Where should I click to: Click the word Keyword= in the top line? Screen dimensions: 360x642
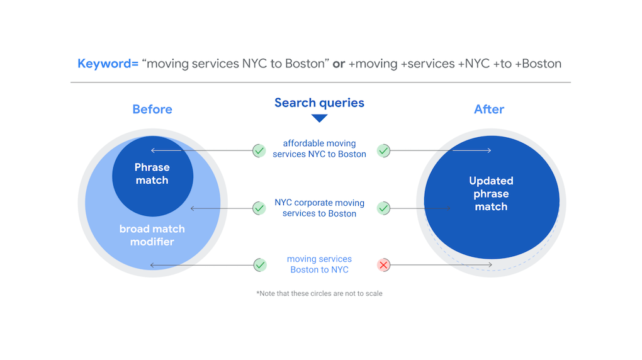click(108, 64)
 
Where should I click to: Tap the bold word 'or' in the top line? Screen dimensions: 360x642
click(339, 64)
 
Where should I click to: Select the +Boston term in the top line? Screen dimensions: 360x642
click(538, 64)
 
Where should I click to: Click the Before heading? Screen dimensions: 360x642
click(152, 109)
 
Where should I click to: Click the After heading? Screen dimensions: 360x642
click(489, 109)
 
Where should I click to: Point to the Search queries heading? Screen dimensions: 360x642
click(319, 103)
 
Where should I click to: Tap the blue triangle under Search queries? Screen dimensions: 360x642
click(320, 118)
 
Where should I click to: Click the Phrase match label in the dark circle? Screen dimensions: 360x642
click(152, 174)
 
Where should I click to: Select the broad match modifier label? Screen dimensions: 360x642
click(152, 235)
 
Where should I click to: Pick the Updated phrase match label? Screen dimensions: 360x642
click(491, 193)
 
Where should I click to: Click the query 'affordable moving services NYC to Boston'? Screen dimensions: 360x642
click(319, 149)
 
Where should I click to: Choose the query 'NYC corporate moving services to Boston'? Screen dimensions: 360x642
click(319, 208)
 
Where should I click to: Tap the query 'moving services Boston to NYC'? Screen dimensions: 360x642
click(319, 264)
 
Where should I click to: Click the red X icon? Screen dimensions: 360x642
click(383, 265)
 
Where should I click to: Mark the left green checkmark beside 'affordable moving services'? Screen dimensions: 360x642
click(259, 150)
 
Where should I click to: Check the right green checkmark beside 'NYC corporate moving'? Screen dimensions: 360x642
click(383, 208)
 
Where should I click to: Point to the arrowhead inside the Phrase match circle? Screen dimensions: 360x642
click(153, 150)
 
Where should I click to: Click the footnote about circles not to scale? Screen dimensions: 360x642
click(319, 293)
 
